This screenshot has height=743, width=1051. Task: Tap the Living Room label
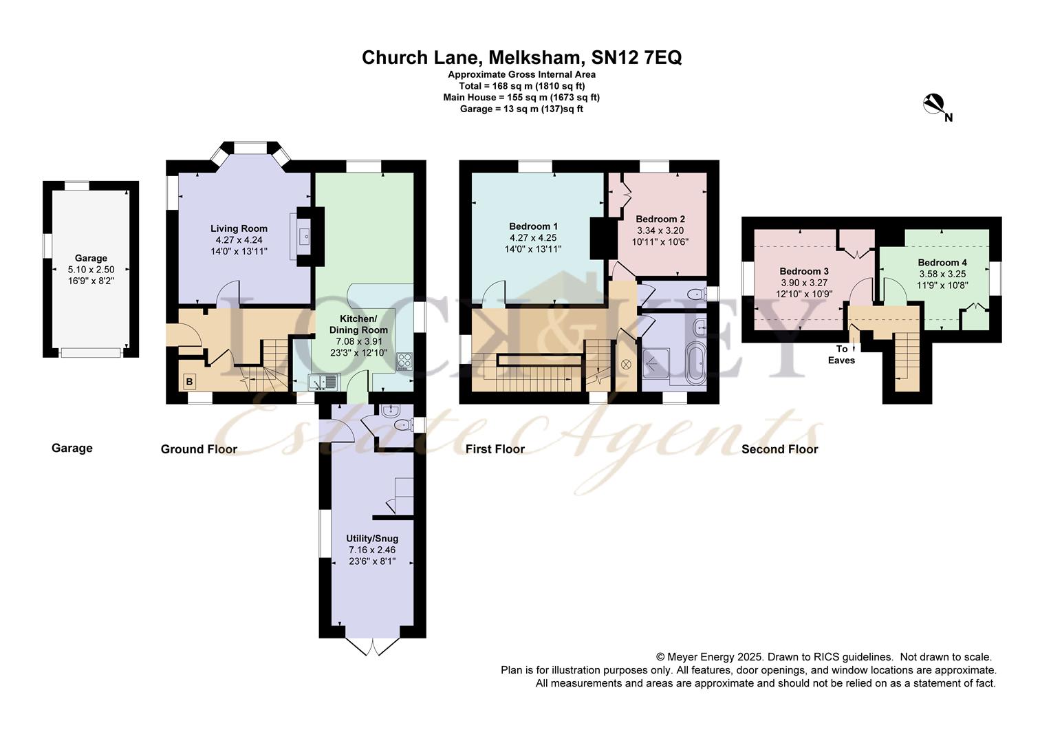[x=239, y=228]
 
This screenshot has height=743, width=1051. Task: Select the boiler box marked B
[x=190, y=382]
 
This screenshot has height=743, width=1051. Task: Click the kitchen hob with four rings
[x=404, y=361]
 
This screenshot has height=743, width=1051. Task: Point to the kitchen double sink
[x=323, y=382]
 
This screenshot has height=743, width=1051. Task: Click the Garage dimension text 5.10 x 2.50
[x=91, y=270]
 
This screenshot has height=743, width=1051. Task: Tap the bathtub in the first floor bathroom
[x=695, y=363]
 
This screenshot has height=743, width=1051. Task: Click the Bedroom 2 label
[x=660, y=219]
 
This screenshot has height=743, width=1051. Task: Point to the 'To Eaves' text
[x=841, y=355]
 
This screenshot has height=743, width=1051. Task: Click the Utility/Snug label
[x=372, y=539]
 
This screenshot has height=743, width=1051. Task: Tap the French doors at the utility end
[x=373, y=646]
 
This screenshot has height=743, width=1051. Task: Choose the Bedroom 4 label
[x=942, y=262]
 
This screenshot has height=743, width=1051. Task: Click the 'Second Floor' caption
[x=780, y=449]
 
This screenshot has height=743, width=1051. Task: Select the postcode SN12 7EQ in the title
[x=636, y=57]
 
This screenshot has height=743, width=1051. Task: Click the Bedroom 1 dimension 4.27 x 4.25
[x=533, y=237]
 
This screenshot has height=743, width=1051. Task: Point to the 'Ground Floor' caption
[x=199, y=449]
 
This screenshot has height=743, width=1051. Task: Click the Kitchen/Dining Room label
[x=358, y=324]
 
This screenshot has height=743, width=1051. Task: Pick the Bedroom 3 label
[x=804, y=271]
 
